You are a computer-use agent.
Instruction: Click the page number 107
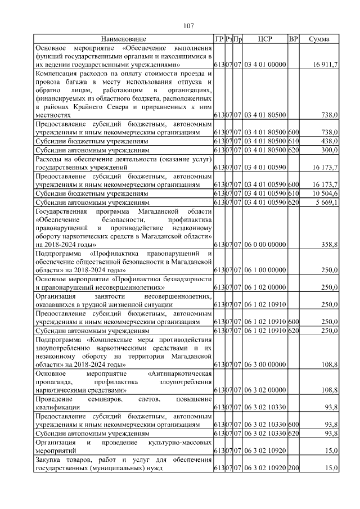(x=188, y=26)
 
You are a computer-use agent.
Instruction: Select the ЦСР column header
(x=265, y=39)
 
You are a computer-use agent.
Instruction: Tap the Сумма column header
(x=319, y=39)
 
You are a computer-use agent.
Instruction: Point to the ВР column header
(x=293, y=39)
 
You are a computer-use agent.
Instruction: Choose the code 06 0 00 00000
(x=265, y=245)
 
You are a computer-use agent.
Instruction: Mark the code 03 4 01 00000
(x=265, y=65)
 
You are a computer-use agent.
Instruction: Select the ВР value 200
(x=293, y=468)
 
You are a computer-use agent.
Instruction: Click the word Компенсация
(x=58, y=73)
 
